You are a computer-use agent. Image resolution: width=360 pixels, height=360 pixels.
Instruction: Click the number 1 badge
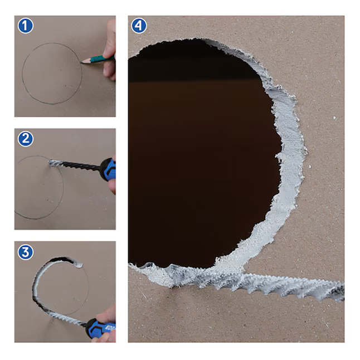(x=26, y=26)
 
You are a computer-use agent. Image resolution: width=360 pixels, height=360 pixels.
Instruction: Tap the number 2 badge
(x=26, y=139)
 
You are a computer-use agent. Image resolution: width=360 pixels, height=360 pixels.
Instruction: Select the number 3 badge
(x=26, y=252)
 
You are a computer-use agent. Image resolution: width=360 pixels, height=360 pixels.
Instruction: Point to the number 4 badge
(x=139, y=26)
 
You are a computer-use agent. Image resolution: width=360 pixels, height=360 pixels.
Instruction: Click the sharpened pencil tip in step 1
(x=82, y=62)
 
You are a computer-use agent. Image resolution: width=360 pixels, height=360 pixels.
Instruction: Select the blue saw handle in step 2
(x=108, y=169)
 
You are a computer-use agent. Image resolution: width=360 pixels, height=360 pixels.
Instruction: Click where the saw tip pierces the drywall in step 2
(x=50, y=162)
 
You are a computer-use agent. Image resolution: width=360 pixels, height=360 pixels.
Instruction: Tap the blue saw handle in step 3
(x=100, y=328)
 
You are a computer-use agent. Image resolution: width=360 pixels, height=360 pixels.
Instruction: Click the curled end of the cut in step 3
(x=79, y=265)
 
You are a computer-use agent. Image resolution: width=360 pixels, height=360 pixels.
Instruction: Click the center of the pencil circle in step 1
(x=52, y=74)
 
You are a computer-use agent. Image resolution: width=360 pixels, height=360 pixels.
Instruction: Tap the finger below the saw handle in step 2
(x=112, y=187)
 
